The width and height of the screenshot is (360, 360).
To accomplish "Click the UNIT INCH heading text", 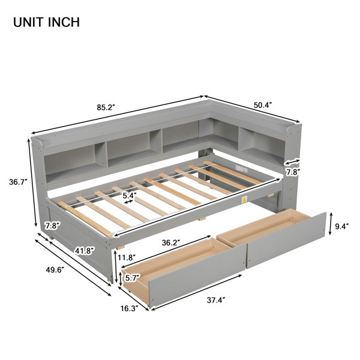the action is coord(47,22).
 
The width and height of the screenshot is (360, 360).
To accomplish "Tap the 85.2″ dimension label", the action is coord(106,107).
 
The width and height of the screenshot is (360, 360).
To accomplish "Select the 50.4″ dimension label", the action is coord(263,105).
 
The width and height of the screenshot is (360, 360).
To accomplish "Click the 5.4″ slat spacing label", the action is coord(130,196).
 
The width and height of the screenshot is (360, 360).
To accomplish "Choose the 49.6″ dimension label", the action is coord(55,270).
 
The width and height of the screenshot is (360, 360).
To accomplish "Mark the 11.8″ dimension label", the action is coord(127,257).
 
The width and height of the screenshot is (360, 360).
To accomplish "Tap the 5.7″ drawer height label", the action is coord(133,278).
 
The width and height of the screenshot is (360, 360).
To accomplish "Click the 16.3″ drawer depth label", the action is coord(130,308).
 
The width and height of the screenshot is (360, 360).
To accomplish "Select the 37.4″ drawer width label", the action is coord(216,300).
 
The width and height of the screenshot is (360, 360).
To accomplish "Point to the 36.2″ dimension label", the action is coord(171,243).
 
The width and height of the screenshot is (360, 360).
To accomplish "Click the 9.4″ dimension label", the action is coord(342,226).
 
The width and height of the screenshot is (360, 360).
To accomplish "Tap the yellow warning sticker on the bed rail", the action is coord(245,199).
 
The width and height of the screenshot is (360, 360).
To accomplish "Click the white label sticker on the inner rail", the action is coord(241,168).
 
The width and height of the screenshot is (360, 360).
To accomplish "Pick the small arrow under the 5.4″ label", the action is coord(128,202).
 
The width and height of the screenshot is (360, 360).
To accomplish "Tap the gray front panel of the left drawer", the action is coord(197,276).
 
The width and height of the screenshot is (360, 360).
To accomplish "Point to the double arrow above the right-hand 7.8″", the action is coord(292,161).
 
